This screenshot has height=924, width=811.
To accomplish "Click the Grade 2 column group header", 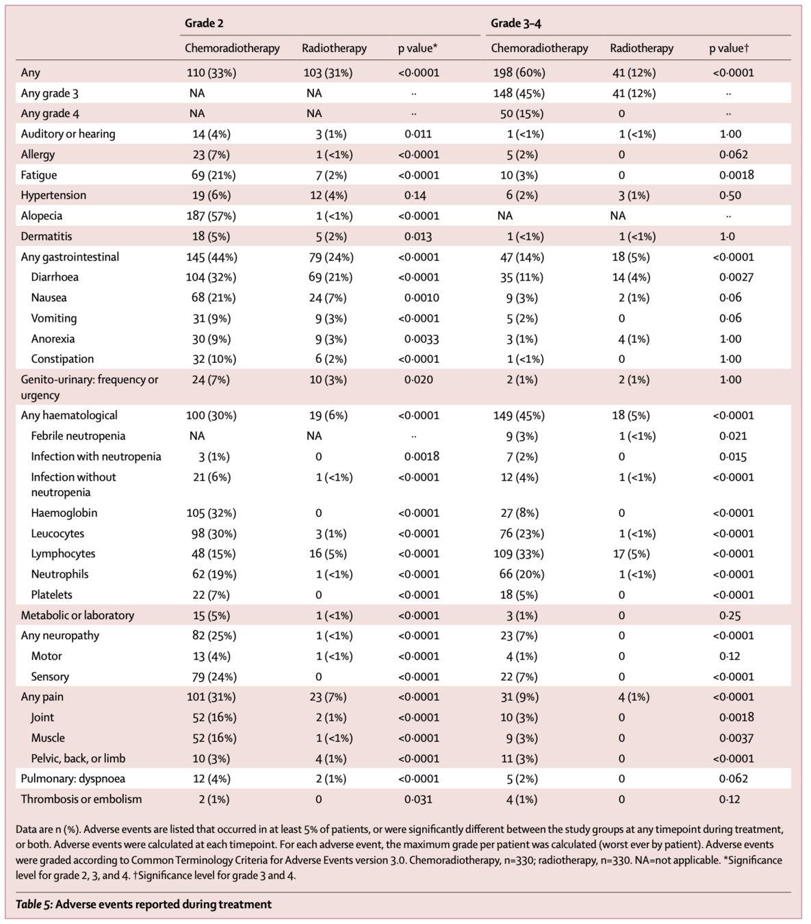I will (x=204, y=23).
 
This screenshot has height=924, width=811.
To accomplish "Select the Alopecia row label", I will (x=41, y=216).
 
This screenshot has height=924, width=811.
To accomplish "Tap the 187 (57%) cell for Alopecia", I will (x=211, y=216).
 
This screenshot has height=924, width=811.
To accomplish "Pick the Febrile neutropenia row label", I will (x=78, y=436).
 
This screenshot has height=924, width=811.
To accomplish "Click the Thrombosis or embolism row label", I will (x=81, y=799).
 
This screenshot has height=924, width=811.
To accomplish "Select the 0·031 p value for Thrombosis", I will (x=417, y=799).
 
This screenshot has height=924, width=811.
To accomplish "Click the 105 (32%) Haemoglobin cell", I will (x=211, y=513).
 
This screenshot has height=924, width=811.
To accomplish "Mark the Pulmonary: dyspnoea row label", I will (x=73, y=778).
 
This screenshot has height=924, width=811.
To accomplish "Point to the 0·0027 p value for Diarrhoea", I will (x=736, y=277).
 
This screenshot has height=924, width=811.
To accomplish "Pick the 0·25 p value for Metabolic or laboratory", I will (x=730, y=615).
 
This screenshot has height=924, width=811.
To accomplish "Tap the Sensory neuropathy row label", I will (x=50, y=676).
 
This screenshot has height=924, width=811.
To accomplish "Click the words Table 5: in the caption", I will (x=33, y=904).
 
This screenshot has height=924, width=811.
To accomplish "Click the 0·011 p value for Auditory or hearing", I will (x=417, y=134).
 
